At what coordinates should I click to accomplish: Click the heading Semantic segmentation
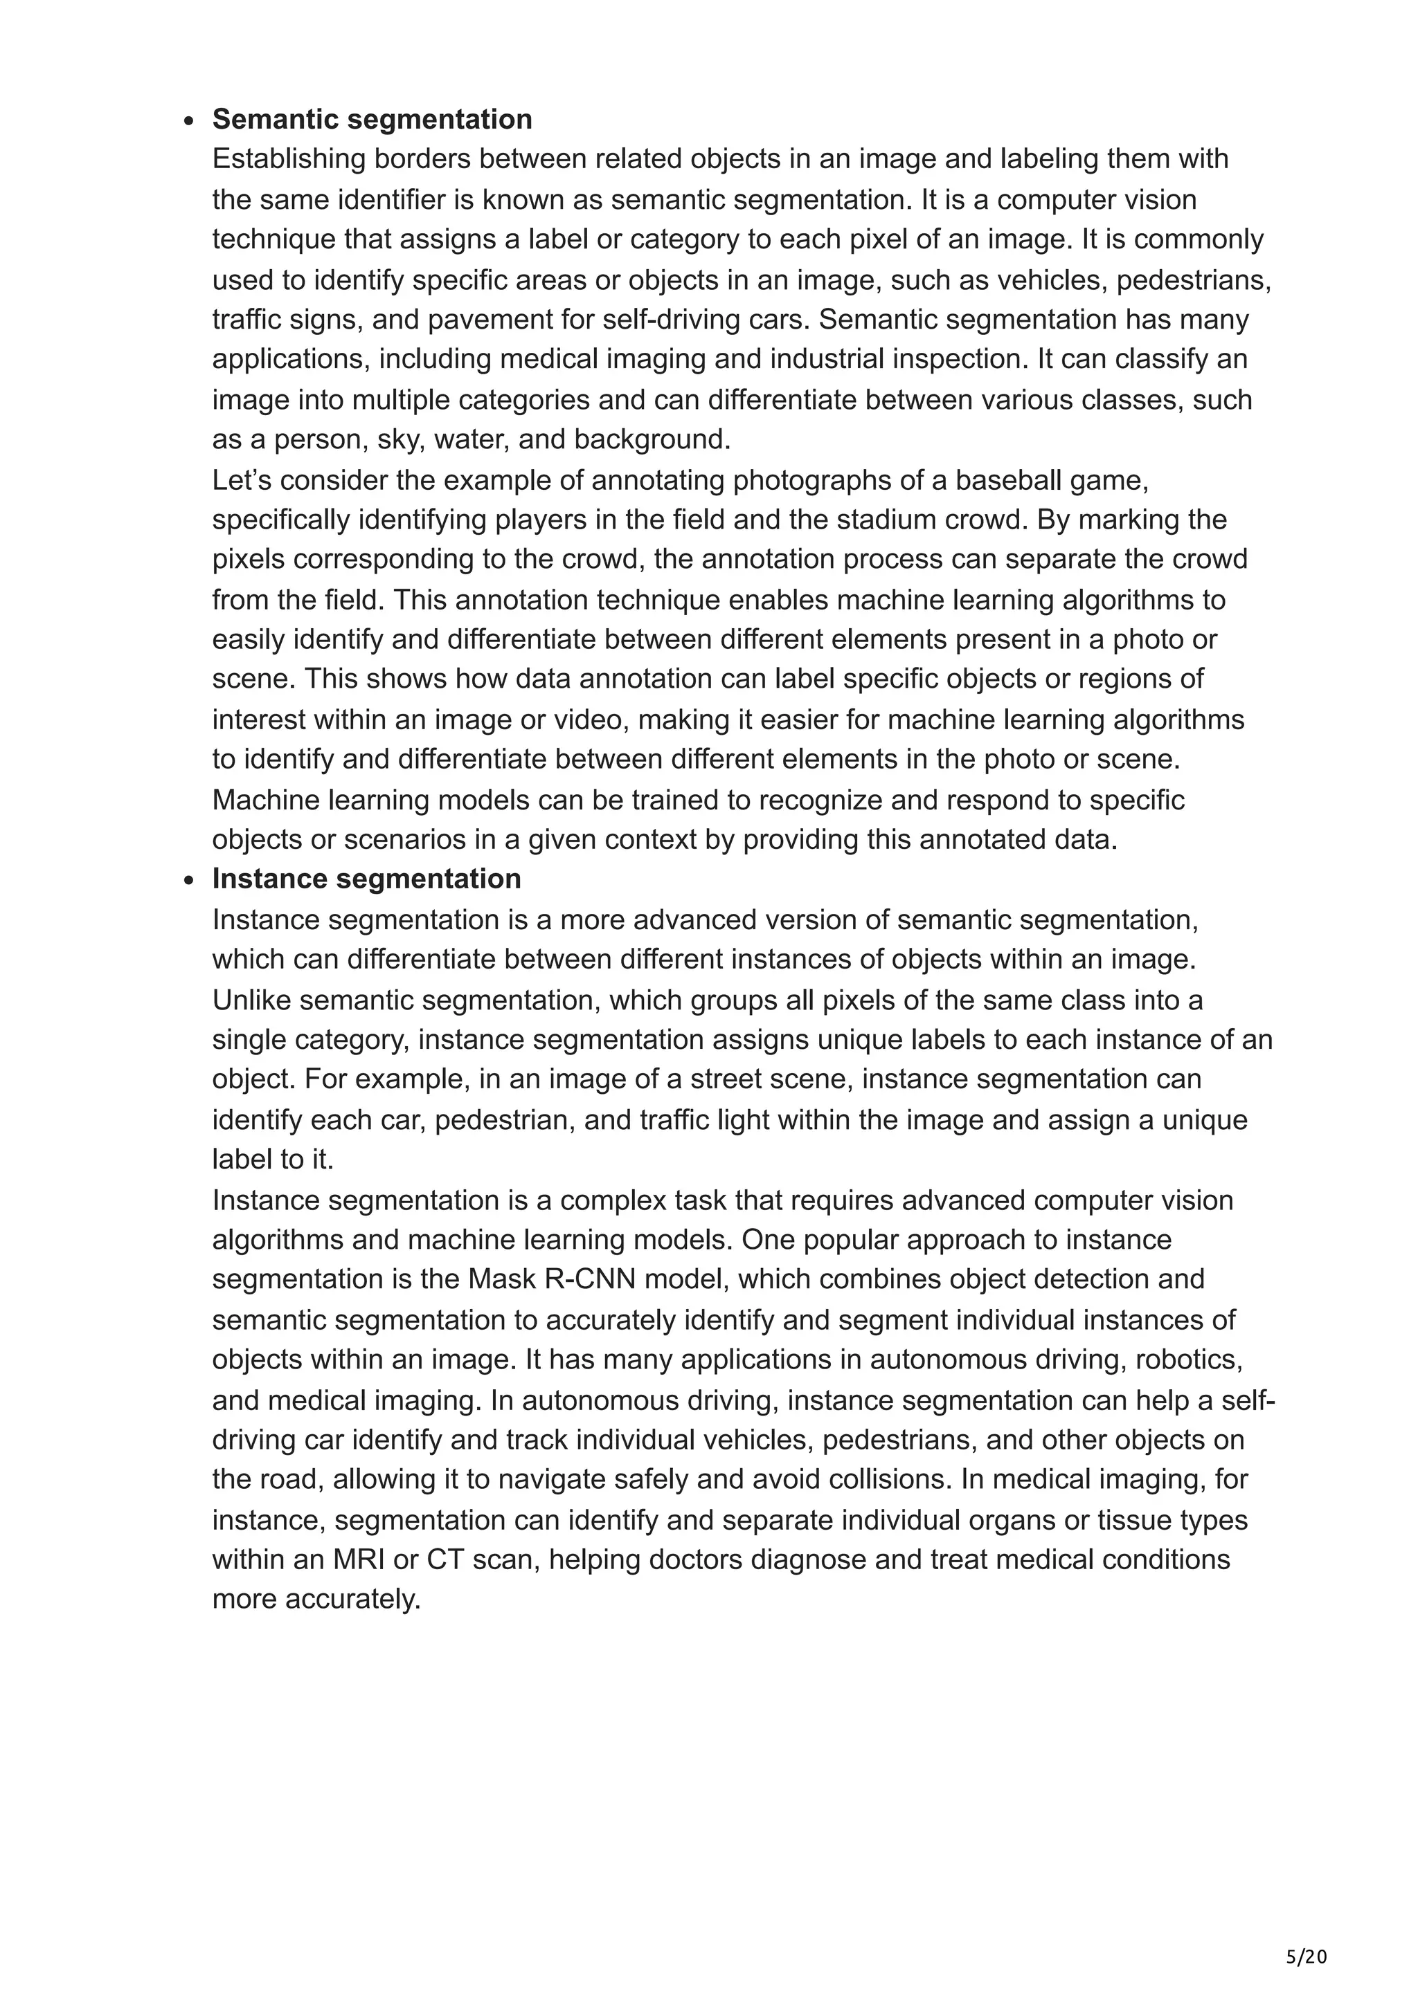373,119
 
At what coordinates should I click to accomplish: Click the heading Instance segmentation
366,879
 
